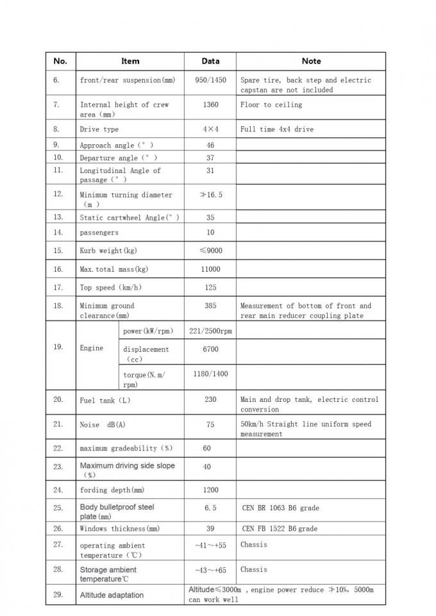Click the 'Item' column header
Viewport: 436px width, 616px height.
(130, 61)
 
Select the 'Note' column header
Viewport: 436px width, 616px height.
(311, 61)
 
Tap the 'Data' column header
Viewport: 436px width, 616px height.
(210, 61)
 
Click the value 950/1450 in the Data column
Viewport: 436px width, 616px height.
(210, 80)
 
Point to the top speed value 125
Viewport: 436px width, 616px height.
(210, 288)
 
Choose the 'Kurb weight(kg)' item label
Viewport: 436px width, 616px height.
(108, 251)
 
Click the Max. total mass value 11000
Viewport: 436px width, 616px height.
(210, 269)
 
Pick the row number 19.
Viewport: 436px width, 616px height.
(58, 347)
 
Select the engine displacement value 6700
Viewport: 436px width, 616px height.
(210, 349)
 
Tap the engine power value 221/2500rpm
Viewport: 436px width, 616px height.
(210, 331)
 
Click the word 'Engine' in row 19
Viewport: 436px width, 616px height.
(92, 348)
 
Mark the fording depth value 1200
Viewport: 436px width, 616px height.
(210, 490)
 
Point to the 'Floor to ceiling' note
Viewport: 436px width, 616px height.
(271, 104)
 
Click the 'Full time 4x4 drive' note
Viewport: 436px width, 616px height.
(277, 129)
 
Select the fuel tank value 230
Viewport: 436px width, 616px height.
(210, 399)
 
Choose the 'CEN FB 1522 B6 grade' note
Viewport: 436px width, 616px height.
(280, 529)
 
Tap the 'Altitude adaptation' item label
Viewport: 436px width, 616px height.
(112, 595)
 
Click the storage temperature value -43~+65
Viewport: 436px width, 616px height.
(210, 569)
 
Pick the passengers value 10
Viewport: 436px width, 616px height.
(210, 232)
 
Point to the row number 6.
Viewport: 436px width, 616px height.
(56, 80)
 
